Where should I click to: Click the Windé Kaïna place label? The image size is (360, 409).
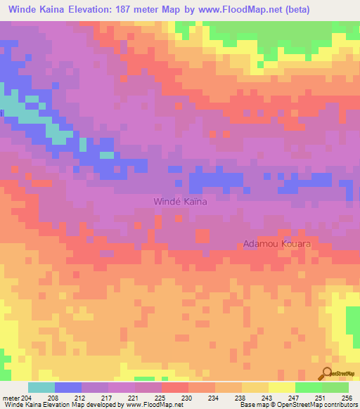(180, 202)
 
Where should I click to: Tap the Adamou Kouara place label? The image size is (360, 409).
(276, 244)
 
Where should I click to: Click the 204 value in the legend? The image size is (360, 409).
(27, 397)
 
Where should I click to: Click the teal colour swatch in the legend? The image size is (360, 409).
(41, 387)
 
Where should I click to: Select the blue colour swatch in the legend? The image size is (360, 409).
(68, 387)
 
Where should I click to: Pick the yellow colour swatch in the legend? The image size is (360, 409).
(282, 387)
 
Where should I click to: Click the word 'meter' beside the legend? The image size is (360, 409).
(11, 397)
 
